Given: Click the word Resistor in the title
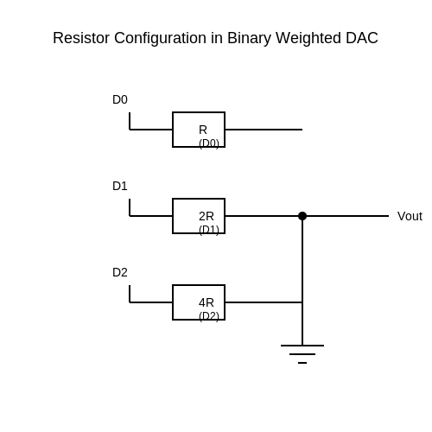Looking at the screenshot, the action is pos(81,38).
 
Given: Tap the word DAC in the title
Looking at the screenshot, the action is pos(362,38).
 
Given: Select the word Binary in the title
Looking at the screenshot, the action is pos(249,39).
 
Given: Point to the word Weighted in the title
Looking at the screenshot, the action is pos(308,39).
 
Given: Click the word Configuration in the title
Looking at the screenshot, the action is pos(160,39).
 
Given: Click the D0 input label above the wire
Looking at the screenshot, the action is pos(120,99).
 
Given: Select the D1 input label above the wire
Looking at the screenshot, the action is pos(120,186).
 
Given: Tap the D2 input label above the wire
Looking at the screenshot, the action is pos(120,272).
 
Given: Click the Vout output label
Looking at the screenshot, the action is pos(410,216).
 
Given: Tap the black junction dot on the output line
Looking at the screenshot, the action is pos(302,216).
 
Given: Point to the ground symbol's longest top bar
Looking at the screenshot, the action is pos(302,346).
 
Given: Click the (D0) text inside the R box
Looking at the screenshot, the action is pos(209,143).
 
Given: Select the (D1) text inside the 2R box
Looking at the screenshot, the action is pos(209,230).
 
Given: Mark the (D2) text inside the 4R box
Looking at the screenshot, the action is pos(209,316).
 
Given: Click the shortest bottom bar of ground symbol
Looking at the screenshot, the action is pos(302,363).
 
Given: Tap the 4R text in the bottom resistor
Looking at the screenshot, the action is pos(206,302).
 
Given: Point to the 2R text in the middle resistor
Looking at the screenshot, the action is pos(206,216).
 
